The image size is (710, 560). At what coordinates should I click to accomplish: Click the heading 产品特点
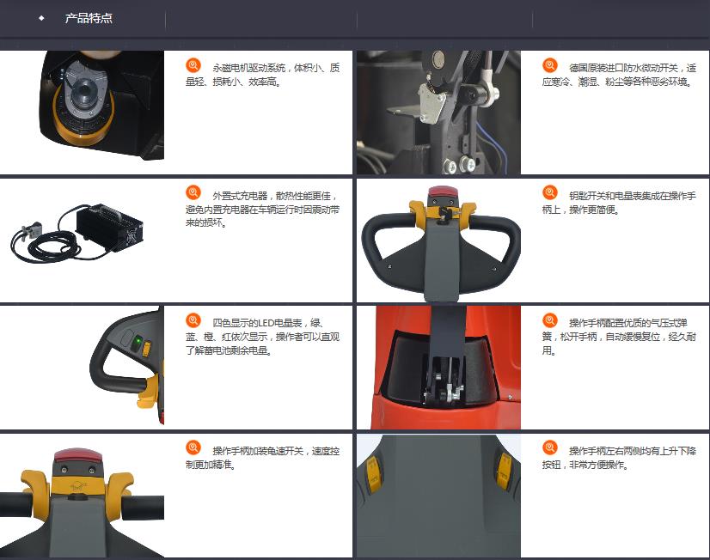click(x=89, y=18)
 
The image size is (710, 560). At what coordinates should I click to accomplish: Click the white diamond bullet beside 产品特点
click(x=41, y=18)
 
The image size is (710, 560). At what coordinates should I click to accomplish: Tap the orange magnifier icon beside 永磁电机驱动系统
click(x=193, y=65)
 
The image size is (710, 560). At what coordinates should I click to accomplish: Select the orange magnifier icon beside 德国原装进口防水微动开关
click(x=550, y=65)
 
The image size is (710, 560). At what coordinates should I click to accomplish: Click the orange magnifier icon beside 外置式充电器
click(x=193, y=192)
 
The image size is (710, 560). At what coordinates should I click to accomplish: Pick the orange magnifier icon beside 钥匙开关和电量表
click(x=550, y=192)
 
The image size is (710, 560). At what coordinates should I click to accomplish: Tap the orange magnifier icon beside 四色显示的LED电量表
click(x=193, y=320)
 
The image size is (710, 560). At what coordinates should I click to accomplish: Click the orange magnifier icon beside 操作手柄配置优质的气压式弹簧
click(x=550, y=320)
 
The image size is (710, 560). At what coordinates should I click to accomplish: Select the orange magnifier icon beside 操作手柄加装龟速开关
click(x=193, y=447)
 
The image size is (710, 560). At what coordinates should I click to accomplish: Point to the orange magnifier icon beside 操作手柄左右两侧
click(x=550, y=447)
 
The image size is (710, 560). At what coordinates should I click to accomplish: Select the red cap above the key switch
click(x=444, y=197)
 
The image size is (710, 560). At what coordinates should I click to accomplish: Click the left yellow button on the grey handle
click(x=373, y=474)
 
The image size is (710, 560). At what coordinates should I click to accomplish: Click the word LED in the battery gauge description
click(x=266, y=323)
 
